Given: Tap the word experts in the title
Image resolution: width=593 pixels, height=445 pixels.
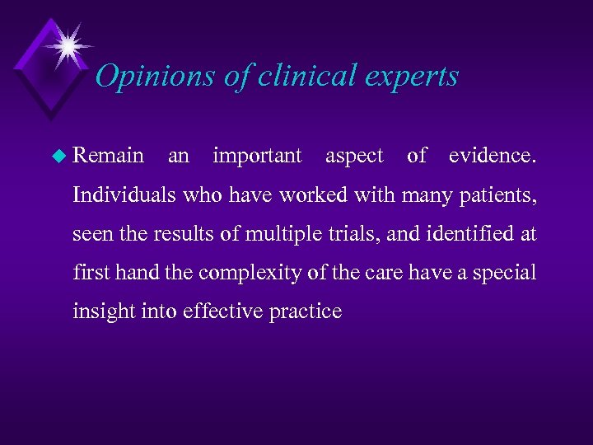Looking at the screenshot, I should pyautogui.click(x=413, y=77).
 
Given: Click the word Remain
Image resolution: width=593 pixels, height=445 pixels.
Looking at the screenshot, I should pyautogui.click(x=108, y=156).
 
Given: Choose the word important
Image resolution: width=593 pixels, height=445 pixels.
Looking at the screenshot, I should pyautogui.click(x=257, y=156).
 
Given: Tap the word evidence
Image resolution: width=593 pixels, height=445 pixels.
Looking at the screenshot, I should pyautogui.click(x=492, y=156).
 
